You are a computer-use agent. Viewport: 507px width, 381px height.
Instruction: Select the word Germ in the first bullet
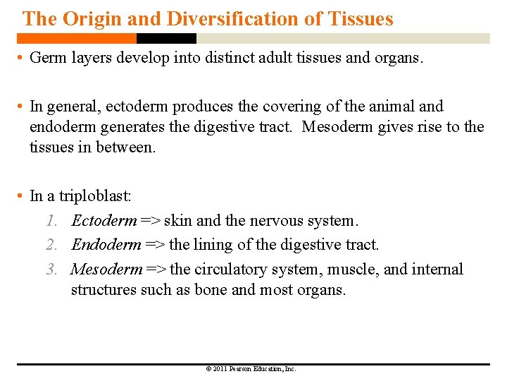[x=47, y=58]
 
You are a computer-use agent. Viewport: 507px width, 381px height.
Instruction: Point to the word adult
[x=279, y=58]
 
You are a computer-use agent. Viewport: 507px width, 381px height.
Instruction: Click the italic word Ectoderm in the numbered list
[x=104, y=221]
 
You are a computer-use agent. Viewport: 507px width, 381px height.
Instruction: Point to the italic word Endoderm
[x=106, y=245]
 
